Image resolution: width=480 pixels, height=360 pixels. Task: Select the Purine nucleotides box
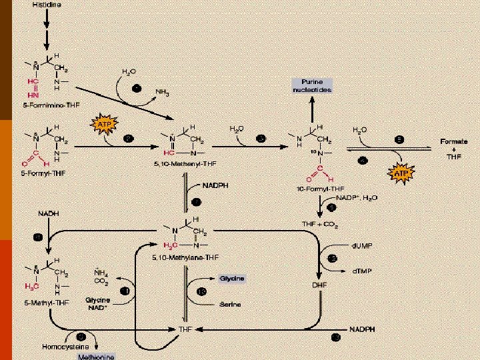pos(312,85)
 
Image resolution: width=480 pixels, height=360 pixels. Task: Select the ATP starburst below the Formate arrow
pos(401,173)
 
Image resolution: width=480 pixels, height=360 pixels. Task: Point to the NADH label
pos(48,214)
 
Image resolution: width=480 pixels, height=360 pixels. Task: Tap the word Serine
pos(230,305)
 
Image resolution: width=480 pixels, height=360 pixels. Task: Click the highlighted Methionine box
pos(96,356)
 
